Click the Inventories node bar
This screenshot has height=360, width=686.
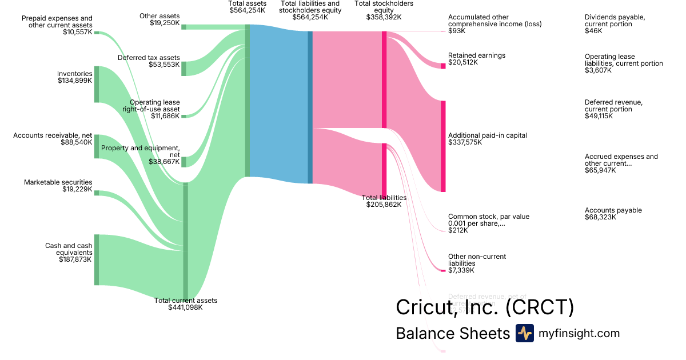click(x=97, y=85)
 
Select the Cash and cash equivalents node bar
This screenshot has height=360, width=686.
click(x=97, y=259)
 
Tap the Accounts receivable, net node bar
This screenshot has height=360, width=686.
click(x=97, y=146)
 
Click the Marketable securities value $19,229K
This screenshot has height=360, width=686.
click(x=77, y=189)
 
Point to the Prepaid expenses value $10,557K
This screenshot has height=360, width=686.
click(x=77, y=32)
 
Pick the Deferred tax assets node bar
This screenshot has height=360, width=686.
click(x=184, y=69)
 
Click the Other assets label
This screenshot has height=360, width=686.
click(x=159, y=16)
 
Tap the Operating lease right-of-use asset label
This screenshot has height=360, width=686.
click(x=151, y=106)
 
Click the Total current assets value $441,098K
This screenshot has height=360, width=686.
click(x=185, y=307)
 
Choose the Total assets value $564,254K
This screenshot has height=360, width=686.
click(x=247, y=10)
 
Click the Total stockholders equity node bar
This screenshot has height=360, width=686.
click(x=384, y=79)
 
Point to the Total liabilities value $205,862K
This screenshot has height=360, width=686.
click(x=384, y=204)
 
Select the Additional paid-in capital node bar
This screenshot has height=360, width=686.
click(x=443, y=146)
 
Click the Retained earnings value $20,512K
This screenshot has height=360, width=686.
click(x=463, y=62)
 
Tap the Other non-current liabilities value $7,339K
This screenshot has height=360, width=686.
click(x=461, y=270)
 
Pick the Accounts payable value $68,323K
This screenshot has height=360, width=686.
click(x=599, y=217)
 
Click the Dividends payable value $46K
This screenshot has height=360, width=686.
click(x=593, y=31)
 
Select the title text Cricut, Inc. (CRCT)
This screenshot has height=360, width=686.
click(x=485, y=307)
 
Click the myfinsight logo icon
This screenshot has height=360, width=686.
click(x=524, y=333)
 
